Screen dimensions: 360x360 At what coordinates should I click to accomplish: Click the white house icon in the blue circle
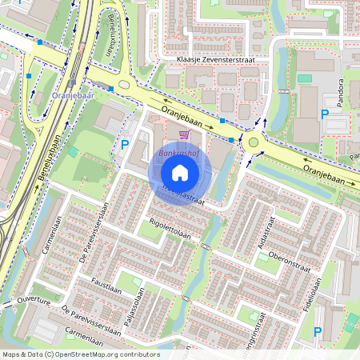(x=180, y=173)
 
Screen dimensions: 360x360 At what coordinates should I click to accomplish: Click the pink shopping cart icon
(x=184, y=134)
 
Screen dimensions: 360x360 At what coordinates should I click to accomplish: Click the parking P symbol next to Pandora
(x=325, y=115)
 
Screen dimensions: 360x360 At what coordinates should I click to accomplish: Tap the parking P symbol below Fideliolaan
(x=318, y=331)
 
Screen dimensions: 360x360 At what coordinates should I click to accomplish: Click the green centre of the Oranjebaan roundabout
(x=254, y=142)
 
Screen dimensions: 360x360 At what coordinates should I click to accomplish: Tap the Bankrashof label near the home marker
(x=178, y=151)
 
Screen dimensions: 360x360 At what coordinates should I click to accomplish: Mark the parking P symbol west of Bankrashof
(x=125, y=145)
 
